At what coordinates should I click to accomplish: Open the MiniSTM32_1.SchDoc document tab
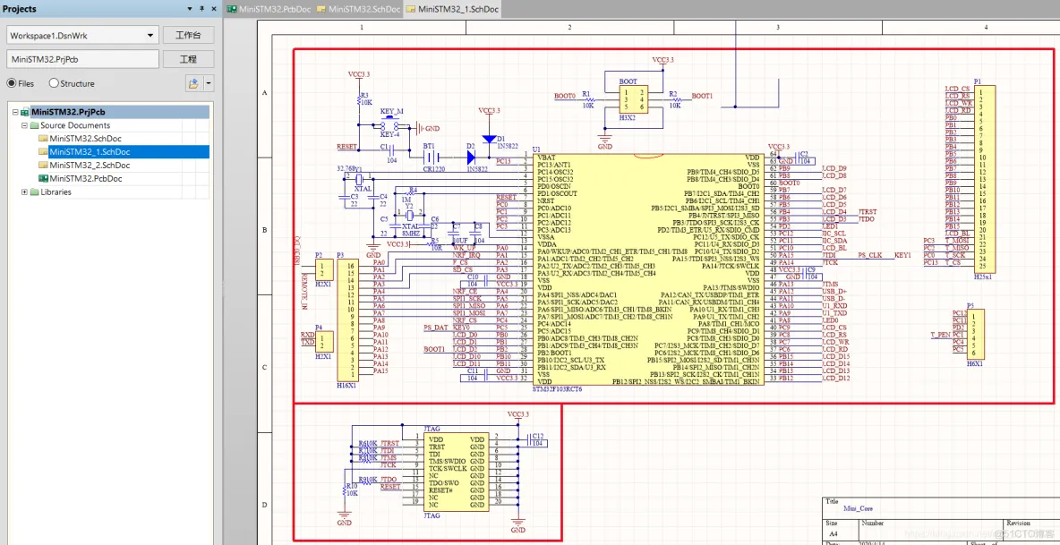(x=452, y=9)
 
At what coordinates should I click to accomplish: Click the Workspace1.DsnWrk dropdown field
(x=82, y=35)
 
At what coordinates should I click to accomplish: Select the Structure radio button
(x=55, y=83)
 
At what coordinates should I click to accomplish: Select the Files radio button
(x=12, y=83)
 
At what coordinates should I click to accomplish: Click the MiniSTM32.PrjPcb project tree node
(x=67, y=112)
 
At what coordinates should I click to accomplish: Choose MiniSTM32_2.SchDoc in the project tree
(x=90, y=166)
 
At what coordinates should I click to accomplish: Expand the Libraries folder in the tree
(x=24, y=192)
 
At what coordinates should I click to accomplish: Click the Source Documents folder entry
(x=74, y=125)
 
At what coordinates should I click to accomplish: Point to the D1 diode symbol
(x=488, y=140)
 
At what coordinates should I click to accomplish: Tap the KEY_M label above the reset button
(x=391, y=112)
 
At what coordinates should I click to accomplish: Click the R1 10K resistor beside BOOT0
(x=588, y=99)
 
